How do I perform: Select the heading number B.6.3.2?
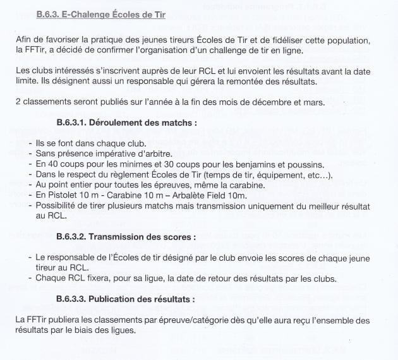[x=75, y=237]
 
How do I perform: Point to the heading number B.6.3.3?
[x=75, y=298]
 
